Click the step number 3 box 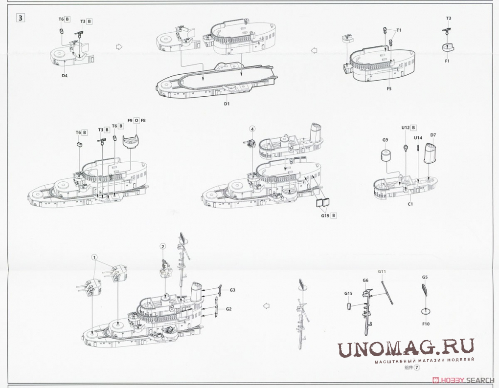click(21, 18)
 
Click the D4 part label click(65, 76)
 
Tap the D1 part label click(227, 103)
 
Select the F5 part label click(389, 88)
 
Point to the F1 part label click(447, 61)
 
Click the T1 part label click(399, 30)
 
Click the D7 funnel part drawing click(430, 153)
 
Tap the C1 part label click(410, 204)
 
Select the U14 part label click(418, 138)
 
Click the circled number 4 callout click(252, 129)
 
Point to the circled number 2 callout click(163, 246)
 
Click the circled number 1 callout click(94, 257)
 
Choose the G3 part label click(232, 290)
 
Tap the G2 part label click(229, 309)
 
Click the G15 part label click(348, 293)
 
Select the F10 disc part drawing click(426, 311)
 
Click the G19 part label click(325, 216)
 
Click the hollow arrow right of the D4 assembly click(119, 47)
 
